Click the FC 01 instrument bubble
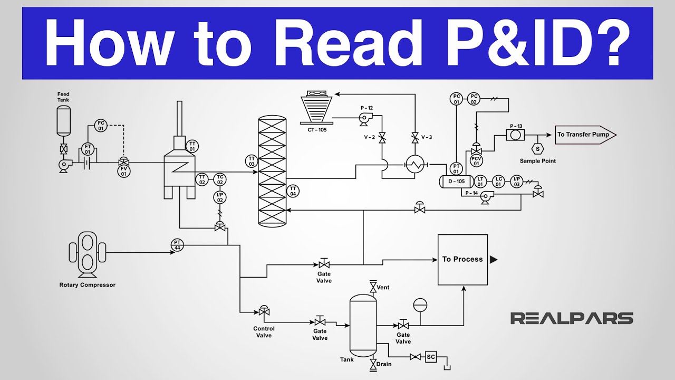point(101,126)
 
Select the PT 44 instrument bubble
point(177,244)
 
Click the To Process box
point(463,259)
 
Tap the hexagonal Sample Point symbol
point(538,150)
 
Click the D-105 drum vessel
point(456,182)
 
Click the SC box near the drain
point(431,357)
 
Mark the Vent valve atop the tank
point(373,287)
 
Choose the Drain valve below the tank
point(373,364)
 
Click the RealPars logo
point(571,318)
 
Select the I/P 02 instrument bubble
point(220,197)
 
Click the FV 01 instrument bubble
point(123,171)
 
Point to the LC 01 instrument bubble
point(498,181)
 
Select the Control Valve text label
point(264,332)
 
